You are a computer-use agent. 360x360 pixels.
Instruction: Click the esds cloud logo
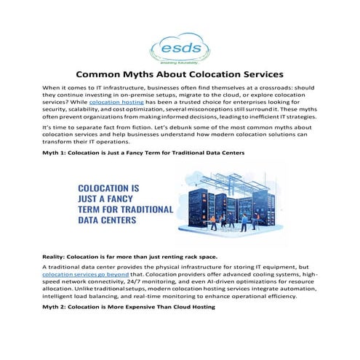point(180,46)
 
